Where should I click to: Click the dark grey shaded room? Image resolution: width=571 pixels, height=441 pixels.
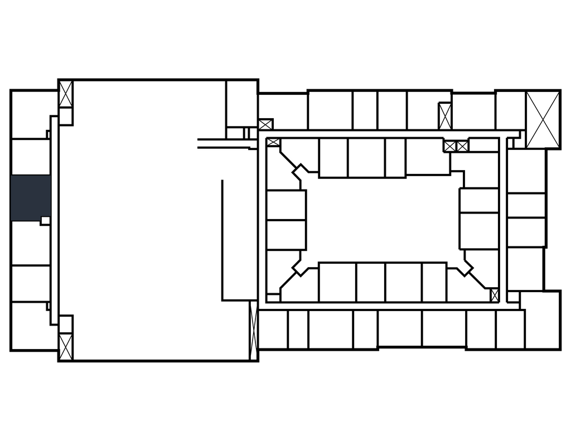(x=31, y=197)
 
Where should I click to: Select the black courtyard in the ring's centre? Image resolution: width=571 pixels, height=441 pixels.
(x=384, y=220)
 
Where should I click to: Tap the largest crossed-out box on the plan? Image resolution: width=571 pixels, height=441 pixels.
(x=543, y=119)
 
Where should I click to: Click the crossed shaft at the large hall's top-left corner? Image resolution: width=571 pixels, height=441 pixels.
(x=66, y=94)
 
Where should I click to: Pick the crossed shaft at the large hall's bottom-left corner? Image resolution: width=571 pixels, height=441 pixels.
(x=66, y=346)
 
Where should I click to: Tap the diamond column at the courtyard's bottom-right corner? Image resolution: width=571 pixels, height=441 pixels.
(x=464, y=268)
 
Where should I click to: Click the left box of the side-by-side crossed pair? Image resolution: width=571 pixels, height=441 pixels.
(x=450, y=146)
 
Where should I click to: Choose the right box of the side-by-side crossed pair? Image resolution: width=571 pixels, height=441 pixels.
(x=462, y=146)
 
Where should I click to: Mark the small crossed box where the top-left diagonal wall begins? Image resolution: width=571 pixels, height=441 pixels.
(x=273, y=142)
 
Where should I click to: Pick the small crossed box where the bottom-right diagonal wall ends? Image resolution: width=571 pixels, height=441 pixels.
(x=495, y=295)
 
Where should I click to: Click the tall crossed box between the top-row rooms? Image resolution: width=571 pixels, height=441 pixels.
(x=445, y=116)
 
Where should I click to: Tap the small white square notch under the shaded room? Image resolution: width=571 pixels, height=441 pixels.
(x=45, y=221)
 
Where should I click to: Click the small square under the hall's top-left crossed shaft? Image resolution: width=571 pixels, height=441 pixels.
(x=66, y=116)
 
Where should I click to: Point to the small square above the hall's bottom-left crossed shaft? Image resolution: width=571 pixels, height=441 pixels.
(x=66, y=324)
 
